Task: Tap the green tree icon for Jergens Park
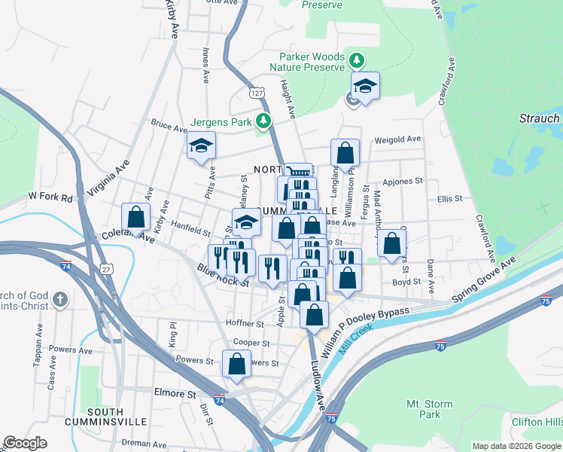click(x=263, y=121)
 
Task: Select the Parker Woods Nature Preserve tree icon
click(x=358, y=60)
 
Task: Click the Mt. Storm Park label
click(x=429, y=409)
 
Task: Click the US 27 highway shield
click(x=107, y=268)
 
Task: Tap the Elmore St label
click(x=175, y=393)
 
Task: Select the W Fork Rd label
click(x=50, y=197)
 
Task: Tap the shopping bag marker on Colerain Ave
click(x=135, y=217)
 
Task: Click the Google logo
click(x=26, y=443)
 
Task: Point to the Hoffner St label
click(x=245, y=323)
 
